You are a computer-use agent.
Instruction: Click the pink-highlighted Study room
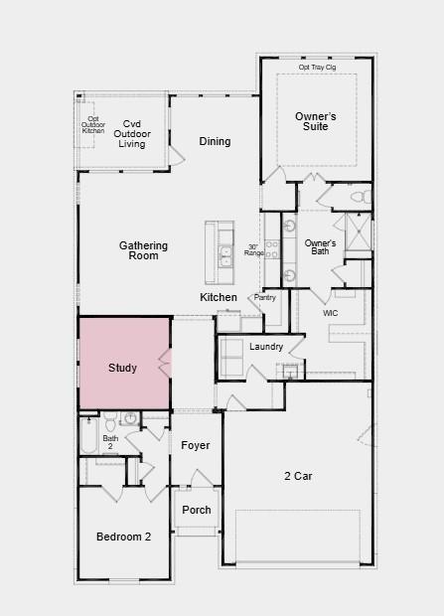pyautogui.click(x=124, y=363)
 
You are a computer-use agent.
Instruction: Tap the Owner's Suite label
pyautogui.click(x=316, y=121)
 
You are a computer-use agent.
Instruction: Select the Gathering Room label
pyautogui.click(x=143, y=250)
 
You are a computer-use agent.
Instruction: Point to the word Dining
pyautogui.click(x=215, y=141)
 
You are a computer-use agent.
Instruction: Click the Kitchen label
pyautogui.click(x=219, y=297)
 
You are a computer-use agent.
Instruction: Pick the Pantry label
pyautogui.click(x=265, y=297)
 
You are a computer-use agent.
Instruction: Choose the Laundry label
pyautogui.click(x=266, y=347)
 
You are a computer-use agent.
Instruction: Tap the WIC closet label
pyautogui.click(x=330, y=313)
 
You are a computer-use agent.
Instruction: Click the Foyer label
pyautogui.click(x=196, y=445)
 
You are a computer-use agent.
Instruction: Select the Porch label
pyautogui.click(x=197, y=510)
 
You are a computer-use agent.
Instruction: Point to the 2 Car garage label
pyautogui.click(x=298, y=476)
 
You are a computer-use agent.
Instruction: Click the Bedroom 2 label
pyautogui.click(x=124, y=537)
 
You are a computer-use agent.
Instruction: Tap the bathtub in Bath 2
pyautogui.click(x=88, y=435)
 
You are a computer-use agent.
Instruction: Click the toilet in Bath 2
pyautogui.click(x=110, y=421)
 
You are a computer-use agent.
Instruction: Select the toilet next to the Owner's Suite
pyautogui.click(x=362, y=197)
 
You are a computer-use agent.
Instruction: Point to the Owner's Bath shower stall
pyautogui.click(x=358, y=231)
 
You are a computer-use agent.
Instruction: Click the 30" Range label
pyautogui.click(x=254, y=249)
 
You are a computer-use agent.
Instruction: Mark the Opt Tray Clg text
pyautogui.click(x=317, y=68)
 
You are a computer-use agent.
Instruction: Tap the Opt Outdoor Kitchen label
pyautogui.click(x=93, y=124)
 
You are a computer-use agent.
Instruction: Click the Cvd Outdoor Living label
pyautogui.click(x=132, y=134)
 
